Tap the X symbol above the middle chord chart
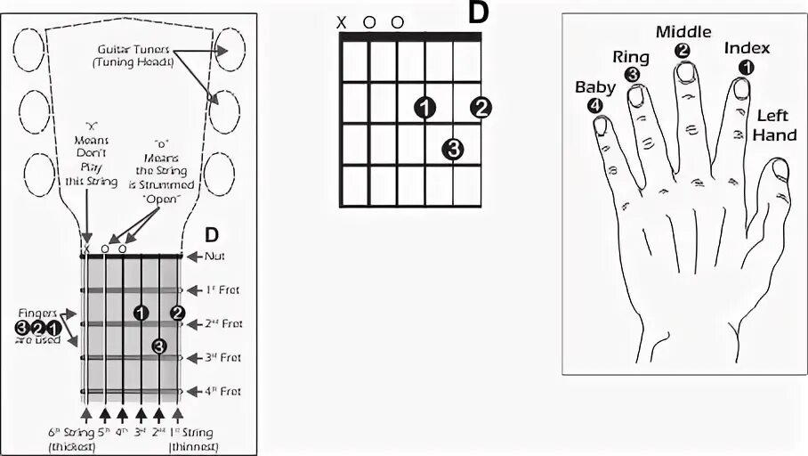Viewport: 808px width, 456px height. point(341,21)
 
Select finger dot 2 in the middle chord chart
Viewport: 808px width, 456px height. point(481,108)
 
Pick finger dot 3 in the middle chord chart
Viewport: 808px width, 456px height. point(453,149)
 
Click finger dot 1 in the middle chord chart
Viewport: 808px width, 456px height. point(425,108)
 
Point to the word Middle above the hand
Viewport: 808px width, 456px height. point(683,32)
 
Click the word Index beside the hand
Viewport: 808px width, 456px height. point(747,48)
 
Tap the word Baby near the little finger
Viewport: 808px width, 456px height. point(594,87)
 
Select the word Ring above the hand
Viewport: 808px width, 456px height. point(632,57)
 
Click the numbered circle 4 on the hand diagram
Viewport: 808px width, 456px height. point(594,105)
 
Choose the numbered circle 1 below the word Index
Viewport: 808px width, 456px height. point(747,66)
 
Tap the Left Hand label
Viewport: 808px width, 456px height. point(775,125)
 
